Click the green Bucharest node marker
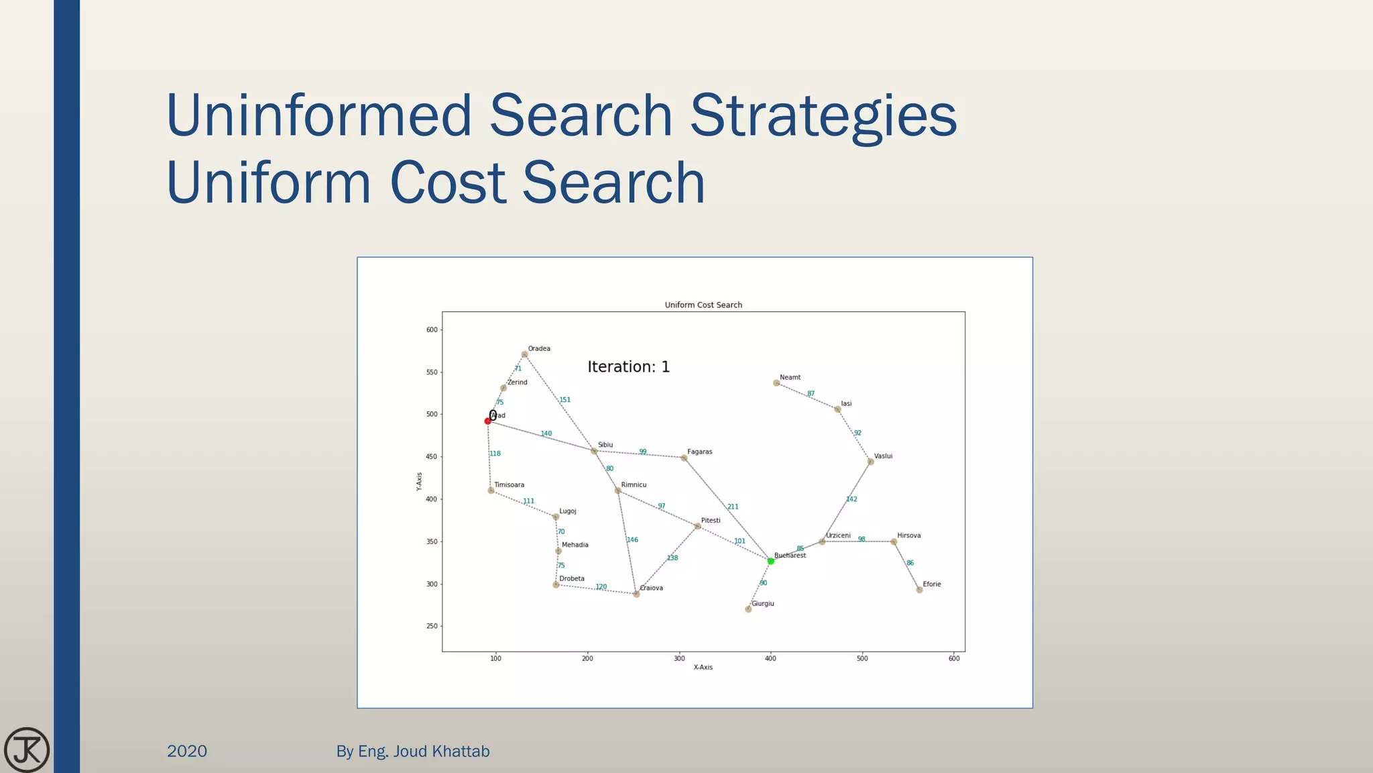770,561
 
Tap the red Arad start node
488,421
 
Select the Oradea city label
539,349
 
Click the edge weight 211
733,507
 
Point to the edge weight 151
565,400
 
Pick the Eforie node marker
919,590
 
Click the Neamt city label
790,377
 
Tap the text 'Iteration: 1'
628,367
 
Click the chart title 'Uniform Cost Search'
703,305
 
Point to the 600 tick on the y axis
432,329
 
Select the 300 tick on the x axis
679,658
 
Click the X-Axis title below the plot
703,667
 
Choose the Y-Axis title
420,481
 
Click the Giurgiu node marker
748,609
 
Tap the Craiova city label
652,588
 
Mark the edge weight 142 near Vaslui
851,499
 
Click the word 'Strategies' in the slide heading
823,115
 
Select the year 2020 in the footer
187,751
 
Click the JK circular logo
27,750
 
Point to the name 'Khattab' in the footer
461,751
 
